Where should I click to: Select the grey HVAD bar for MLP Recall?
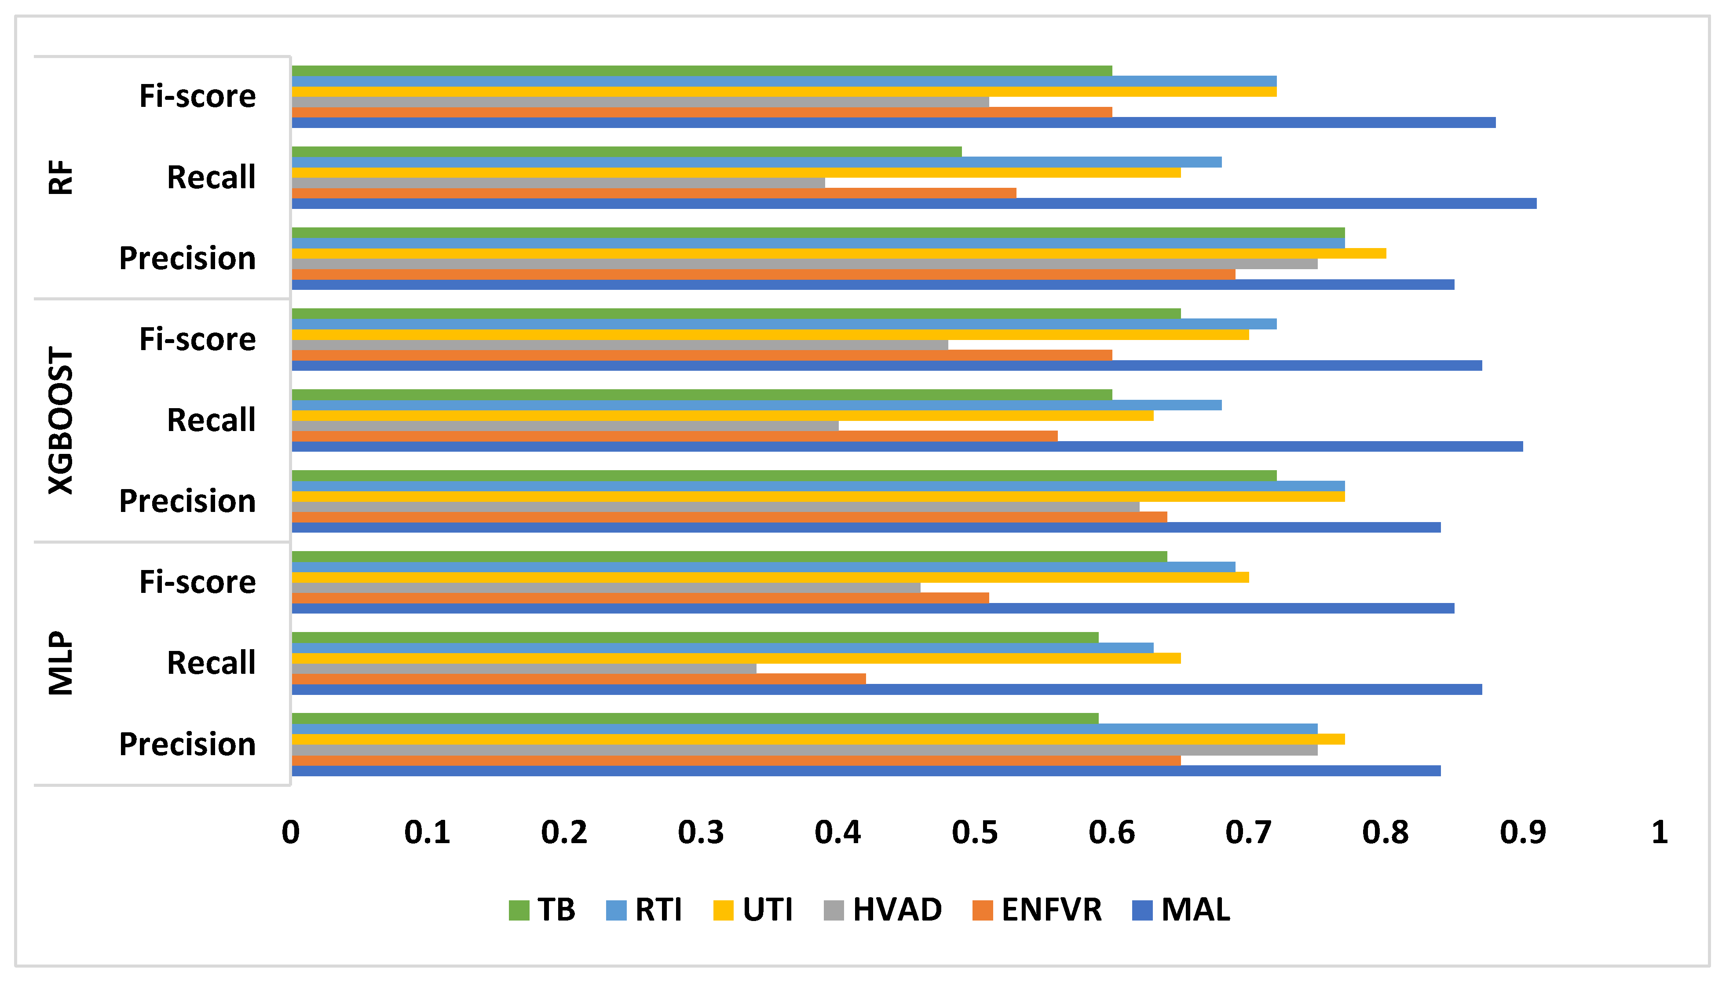tap(524, 669)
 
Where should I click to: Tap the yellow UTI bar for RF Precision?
tap(838, 253)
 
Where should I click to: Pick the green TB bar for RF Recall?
tap(626, 152)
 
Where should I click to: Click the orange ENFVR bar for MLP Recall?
tap(578, 679)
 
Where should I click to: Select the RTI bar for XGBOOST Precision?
tap(818, 486)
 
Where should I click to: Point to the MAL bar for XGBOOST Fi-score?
tap(886, 365)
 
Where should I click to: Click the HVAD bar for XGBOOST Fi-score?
tap(620, 345)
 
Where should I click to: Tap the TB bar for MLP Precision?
tap(695, 718)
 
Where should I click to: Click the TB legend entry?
tap(542, 910)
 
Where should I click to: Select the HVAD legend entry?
tap(883, 910)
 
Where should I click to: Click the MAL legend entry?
tap(1181, 910)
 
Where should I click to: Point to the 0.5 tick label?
tap(975, 833)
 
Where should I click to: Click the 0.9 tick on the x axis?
tap(1522, 833)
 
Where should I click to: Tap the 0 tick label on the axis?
tap(291, 833)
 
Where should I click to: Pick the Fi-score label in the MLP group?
tap(197, 582)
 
